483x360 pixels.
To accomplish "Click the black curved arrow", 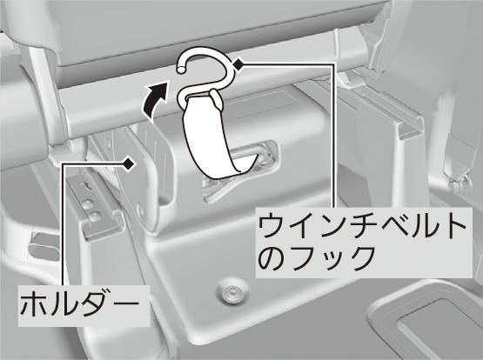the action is coord(153,100).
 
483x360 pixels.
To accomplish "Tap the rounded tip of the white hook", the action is coord(181,69).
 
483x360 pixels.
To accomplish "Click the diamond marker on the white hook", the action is coord(238,64).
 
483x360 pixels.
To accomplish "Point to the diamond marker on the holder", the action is coord(129,163).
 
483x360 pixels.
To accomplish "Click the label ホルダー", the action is coord(79,304).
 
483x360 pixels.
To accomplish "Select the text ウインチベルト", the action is coord(361,226).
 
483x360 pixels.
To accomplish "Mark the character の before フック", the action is coord(272,258).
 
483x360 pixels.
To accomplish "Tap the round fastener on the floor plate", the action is coord(231,290).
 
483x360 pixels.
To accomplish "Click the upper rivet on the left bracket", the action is coord(89,203).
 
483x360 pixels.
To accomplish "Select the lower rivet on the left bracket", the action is coord(95,216).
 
